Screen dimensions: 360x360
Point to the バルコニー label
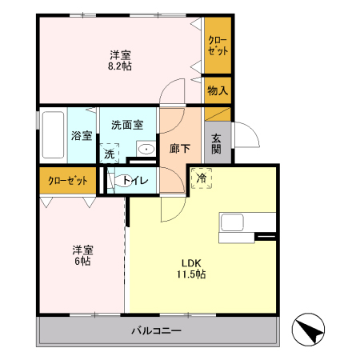pyautogui.click(x=157, y=331)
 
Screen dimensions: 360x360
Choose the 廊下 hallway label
pyautogui.click(x=180, y=148)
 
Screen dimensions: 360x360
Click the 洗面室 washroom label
pyautogui.click(x=127, y=125)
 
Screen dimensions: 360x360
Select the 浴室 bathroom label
pyautogui.click(x=82, y=135)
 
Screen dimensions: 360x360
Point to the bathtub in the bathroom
pyautogui.click(x=53, y=136)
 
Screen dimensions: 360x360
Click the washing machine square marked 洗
pyautogui.click(x=110, y=152)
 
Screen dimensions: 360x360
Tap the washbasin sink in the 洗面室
pyautogui.click(x=146, y=150)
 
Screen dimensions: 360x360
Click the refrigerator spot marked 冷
pyautogui.click(x=201, y=178)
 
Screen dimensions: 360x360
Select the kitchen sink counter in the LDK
pyautogui.click(x=234, y=224)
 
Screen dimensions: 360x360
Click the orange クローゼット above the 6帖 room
pyautogui.click(x=67, y=180)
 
